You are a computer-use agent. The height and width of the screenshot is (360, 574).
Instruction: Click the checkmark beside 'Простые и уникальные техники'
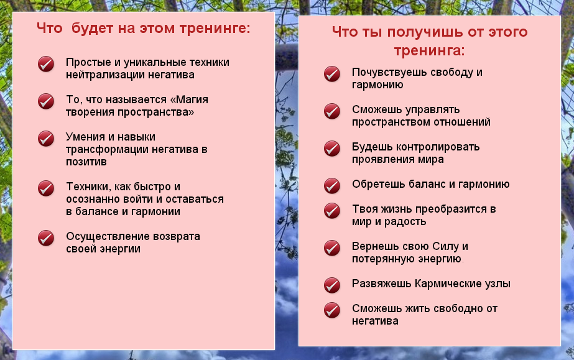point(46,64)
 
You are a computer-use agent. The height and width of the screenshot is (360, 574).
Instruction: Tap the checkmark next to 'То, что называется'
point(46,101)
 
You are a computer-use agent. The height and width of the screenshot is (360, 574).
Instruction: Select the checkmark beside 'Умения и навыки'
point(46,138)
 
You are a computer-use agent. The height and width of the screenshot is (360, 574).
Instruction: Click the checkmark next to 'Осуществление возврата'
point(46,238)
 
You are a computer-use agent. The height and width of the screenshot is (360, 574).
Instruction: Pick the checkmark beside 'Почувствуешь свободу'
point(332,74)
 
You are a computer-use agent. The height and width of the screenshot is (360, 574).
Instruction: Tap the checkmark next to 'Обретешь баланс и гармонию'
point(332,185)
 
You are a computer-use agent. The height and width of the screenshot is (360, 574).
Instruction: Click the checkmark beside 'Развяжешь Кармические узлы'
point(332,285)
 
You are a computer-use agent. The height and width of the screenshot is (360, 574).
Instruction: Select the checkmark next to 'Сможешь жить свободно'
point(332,310)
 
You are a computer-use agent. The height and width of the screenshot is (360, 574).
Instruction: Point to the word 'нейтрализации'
point(100,75)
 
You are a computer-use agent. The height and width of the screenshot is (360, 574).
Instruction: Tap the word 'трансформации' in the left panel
point(103,149)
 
